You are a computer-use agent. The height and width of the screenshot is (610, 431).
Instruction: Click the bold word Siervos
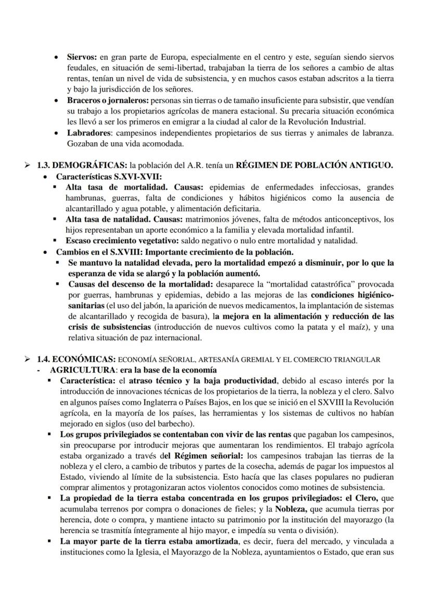coord(82,57)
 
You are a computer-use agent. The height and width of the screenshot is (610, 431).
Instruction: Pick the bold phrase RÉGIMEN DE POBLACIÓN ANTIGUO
coord(314,165)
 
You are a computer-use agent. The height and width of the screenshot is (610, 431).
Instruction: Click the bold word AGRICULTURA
coord(80,369)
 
